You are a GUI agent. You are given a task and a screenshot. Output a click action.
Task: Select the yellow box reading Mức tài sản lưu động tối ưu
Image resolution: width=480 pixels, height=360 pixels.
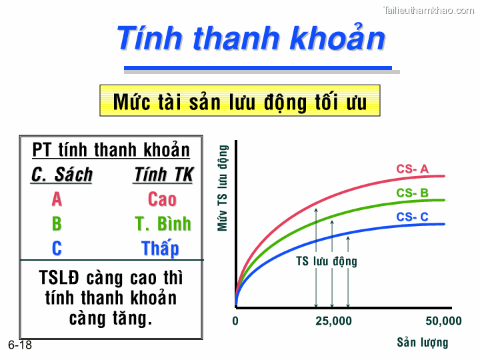(x=239, y=102)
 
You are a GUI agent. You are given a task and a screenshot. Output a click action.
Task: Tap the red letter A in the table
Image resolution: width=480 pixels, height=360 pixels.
(x=57, y=199)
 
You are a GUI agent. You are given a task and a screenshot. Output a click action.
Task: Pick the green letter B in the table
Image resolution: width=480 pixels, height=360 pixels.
(x=57, y=224)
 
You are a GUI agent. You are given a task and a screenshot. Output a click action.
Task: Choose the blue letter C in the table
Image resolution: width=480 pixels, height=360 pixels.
(x=57, y=249)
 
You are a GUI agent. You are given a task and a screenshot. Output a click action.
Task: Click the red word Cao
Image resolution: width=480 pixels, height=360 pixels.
(x=162, y=199)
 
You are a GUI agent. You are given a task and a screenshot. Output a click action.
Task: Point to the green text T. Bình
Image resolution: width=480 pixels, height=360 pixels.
(x=163, y=224)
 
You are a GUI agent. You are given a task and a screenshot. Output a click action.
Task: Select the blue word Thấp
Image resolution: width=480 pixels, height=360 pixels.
(x=161, y=249)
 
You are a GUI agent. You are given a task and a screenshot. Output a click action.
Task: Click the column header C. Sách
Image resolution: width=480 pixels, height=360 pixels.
(x=62, y=175)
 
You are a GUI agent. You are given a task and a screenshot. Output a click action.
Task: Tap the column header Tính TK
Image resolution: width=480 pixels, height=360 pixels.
(x=163, y=175)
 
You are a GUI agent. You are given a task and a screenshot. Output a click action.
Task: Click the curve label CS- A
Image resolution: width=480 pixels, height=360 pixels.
(x=412, y=169)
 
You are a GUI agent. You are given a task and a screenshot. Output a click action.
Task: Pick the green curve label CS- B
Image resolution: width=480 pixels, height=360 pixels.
(x=412, y=193)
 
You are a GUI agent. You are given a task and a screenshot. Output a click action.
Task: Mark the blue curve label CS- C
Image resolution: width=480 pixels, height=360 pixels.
(x=412, y=217)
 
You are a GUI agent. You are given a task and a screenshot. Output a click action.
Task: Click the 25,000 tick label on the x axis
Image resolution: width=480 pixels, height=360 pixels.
(x=333, y=321)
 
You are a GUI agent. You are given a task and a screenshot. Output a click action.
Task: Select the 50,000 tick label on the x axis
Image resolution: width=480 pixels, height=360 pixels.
(x=443, y=321)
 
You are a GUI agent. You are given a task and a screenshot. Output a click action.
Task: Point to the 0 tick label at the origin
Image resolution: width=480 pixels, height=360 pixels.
(x=235, y=321)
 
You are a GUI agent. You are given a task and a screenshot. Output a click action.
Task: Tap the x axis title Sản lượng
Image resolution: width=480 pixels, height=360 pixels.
(x=423, y=343)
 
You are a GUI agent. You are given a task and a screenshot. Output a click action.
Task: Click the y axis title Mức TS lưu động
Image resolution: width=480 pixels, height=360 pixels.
(x=223, y=188)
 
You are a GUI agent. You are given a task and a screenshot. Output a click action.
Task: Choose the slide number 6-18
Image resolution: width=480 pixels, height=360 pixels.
(x=20, y=345)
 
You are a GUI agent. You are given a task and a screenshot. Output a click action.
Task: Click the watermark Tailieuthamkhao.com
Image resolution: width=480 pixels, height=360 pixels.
(x=429, y=10)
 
